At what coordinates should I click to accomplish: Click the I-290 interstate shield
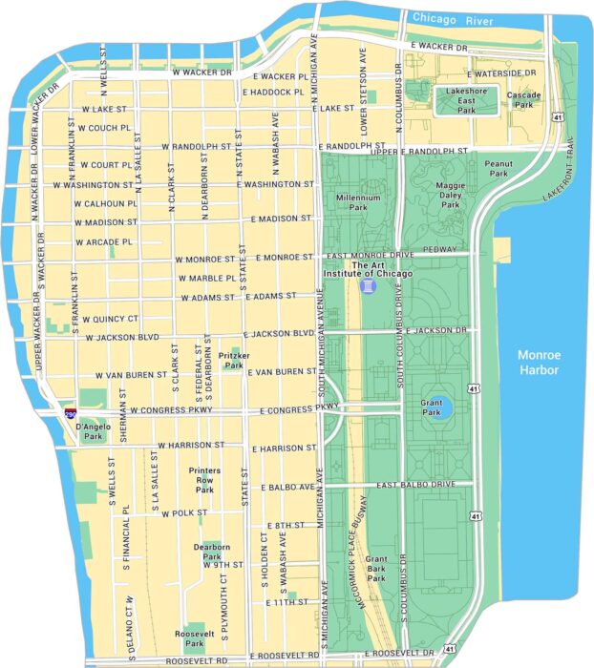[71, 413]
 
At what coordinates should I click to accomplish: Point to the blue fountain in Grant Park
[437, 406]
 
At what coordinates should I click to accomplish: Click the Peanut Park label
[499, 169]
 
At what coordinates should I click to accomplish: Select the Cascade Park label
[523, 100]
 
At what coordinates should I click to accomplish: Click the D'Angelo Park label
[93, 431]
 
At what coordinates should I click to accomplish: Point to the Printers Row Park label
[204, 480]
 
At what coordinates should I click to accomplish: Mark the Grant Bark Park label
[376, 568]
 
